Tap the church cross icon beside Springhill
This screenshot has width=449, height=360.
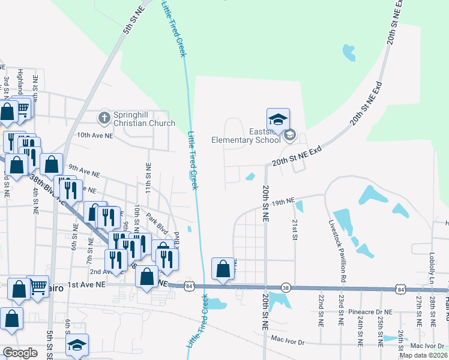[104, 117]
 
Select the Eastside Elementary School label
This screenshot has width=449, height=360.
[246, 136]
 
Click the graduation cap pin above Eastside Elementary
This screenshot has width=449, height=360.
[278, 119]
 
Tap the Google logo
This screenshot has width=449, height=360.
[20, 352]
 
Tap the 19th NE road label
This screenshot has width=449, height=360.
[282, 202]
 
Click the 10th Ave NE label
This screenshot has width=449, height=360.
[95, 136]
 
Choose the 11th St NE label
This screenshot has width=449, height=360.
[147, 175]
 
